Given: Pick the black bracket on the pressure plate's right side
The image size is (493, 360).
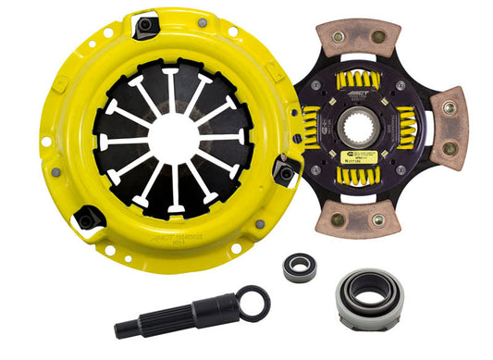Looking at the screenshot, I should click(286, 172).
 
